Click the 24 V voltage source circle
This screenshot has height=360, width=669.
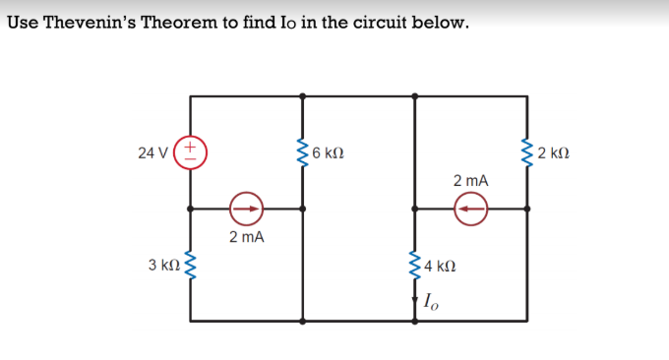190,151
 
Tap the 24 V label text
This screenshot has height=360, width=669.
152,152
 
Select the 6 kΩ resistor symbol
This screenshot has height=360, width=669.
302,151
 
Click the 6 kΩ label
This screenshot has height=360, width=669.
327,152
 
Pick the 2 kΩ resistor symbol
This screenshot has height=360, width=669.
527,151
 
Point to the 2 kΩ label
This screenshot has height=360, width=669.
553,152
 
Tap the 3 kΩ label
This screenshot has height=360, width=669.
163,265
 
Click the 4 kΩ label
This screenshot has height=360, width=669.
440,266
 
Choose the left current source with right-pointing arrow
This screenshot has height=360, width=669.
246,208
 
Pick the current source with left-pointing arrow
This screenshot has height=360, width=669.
471,208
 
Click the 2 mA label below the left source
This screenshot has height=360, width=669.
246,237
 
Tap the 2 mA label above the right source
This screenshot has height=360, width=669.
471,181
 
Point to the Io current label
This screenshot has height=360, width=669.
433,301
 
